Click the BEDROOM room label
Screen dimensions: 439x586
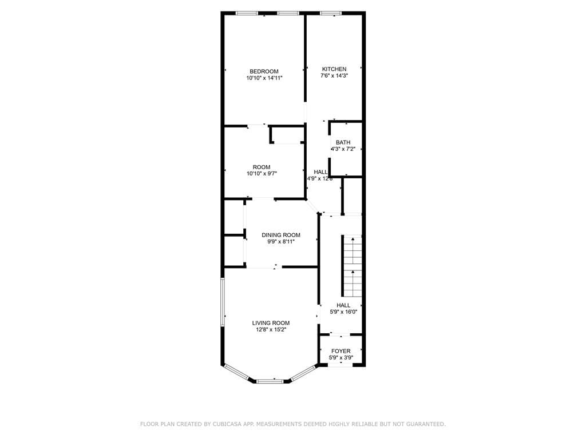point(264,71)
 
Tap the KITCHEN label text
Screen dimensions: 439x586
point(334,69)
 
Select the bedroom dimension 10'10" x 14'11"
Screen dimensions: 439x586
point(264,78)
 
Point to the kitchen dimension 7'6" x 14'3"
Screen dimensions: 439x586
point(334,75)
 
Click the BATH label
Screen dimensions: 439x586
point(343,142)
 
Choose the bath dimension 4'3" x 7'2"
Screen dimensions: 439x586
point(343,149)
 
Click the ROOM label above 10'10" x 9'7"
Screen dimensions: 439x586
point(262,167)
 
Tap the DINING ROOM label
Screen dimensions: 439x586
point(280,235)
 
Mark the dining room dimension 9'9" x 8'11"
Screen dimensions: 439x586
point(280,241)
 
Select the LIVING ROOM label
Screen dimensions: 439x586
point(271,322)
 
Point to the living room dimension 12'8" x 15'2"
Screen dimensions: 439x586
point(271,329)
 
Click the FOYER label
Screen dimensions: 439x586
point(340,351)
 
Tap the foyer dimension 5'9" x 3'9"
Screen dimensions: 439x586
point(340,358)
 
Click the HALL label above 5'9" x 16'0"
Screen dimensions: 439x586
point(343,305)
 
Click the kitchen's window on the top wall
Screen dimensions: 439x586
point(331,13)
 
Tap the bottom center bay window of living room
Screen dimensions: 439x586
point(270,381)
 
